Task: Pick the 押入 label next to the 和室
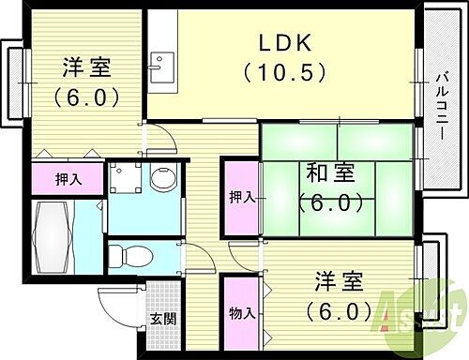pos(241,197)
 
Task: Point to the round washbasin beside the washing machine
pos(164,178)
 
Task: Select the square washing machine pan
pos(126,177)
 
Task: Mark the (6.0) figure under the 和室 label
pos(329,201)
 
